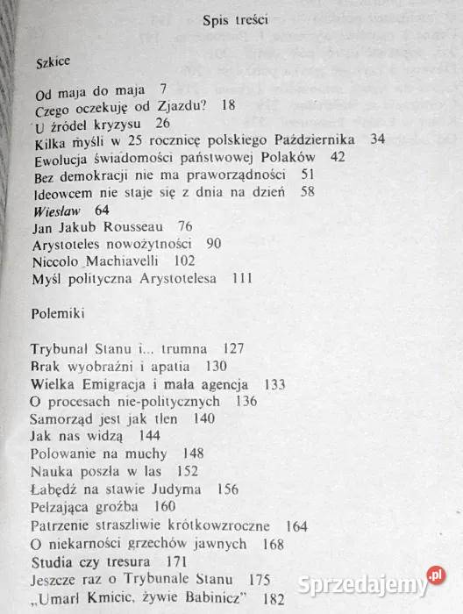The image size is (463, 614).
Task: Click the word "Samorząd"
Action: point(62,418)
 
